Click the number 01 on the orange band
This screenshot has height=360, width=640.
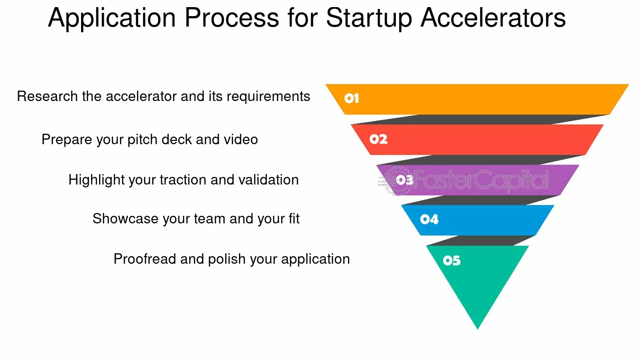tap(351, 99)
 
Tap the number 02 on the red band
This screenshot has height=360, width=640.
tap(378, 139)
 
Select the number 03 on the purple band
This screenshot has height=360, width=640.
tap(404, 180)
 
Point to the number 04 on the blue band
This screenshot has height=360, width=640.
tap(429, 220)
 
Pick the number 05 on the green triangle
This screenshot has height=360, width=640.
tap(451, 261)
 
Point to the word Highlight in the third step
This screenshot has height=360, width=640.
tap(91, 180)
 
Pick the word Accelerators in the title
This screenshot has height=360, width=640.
tap(493, 18)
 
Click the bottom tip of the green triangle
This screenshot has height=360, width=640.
tap(478, 327)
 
